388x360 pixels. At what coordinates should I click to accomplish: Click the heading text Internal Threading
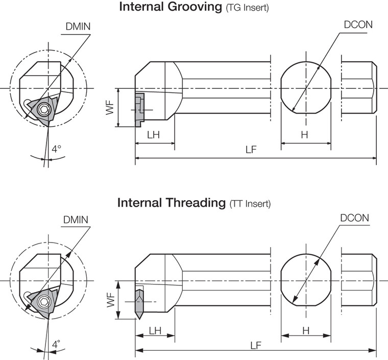point(172,203)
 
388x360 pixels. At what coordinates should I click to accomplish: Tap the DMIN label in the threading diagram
point(76,220)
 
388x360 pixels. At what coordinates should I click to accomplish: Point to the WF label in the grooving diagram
point(110,108)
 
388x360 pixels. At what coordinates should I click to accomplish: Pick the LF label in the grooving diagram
point(251,150)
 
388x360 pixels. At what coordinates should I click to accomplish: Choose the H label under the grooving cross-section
point(304,135)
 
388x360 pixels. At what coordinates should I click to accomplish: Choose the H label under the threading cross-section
point(306,330)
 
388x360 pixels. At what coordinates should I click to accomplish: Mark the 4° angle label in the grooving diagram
point(56,149)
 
